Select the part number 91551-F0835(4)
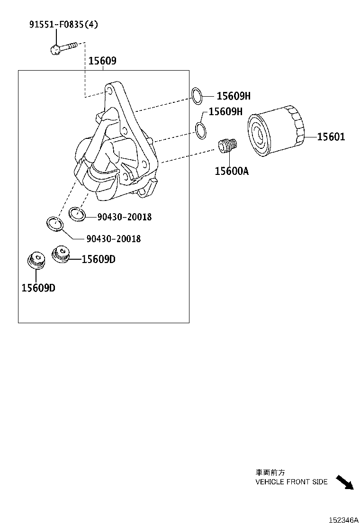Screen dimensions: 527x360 pos(64,24)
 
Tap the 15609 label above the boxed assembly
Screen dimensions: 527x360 pos(102,61)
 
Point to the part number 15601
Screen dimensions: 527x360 pos(331,137)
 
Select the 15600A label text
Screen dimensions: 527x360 pos(232,171)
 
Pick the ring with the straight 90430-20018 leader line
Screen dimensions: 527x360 pos(77,214)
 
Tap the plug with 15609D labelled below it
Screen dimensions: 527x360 pos(35,261)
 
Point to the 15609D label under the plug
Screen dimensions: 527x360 pos(38,287)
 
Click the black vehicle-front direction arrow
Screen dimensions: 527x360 pos(345,482)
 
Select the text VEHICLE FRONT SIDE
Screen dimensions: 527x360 pos(291,482)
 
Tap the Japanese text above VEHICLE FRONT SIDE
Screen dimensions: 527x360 pos(270,472)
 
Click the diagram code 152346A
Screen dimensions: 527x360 pos(344,520)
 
